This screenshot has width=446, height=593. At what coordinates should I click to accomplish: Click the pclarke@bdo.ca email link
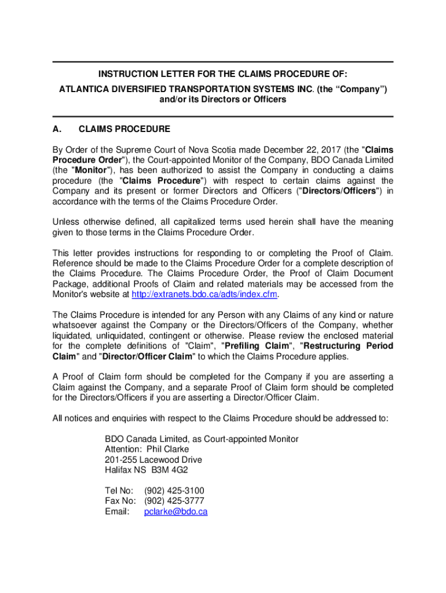pos(176,512)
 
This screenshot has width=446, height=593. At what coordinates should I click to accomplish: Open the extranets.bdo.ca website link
pos(205,294)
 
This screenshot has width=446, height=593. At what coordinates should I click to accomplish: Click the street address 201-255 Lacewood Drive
pos(153,460)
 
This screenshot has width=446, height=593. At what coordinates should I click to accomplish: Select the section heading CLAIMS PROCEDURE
pos(124,129)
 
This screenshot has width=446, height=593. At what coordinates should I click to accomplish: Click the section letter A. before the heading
pos(57,129)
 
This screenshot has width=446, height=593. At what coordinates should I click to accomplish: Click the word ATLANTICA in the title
pos(84,89)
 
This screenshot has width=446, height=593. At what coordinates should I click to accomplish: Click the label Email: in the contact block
pos(116,512)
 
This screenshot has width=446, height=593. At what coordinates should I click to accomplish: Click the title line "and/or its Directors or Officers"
pos(222,100)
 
